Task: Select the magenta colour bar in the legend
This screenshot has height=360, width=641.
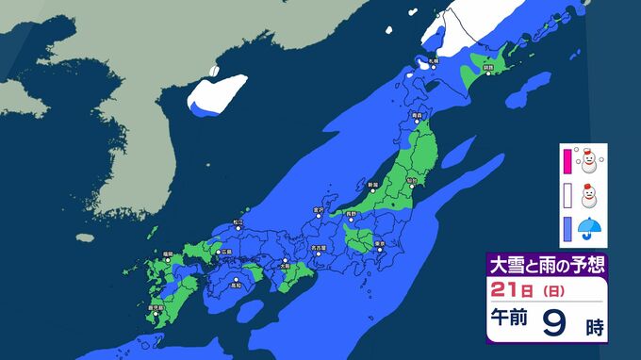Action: tap(567, 161)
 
